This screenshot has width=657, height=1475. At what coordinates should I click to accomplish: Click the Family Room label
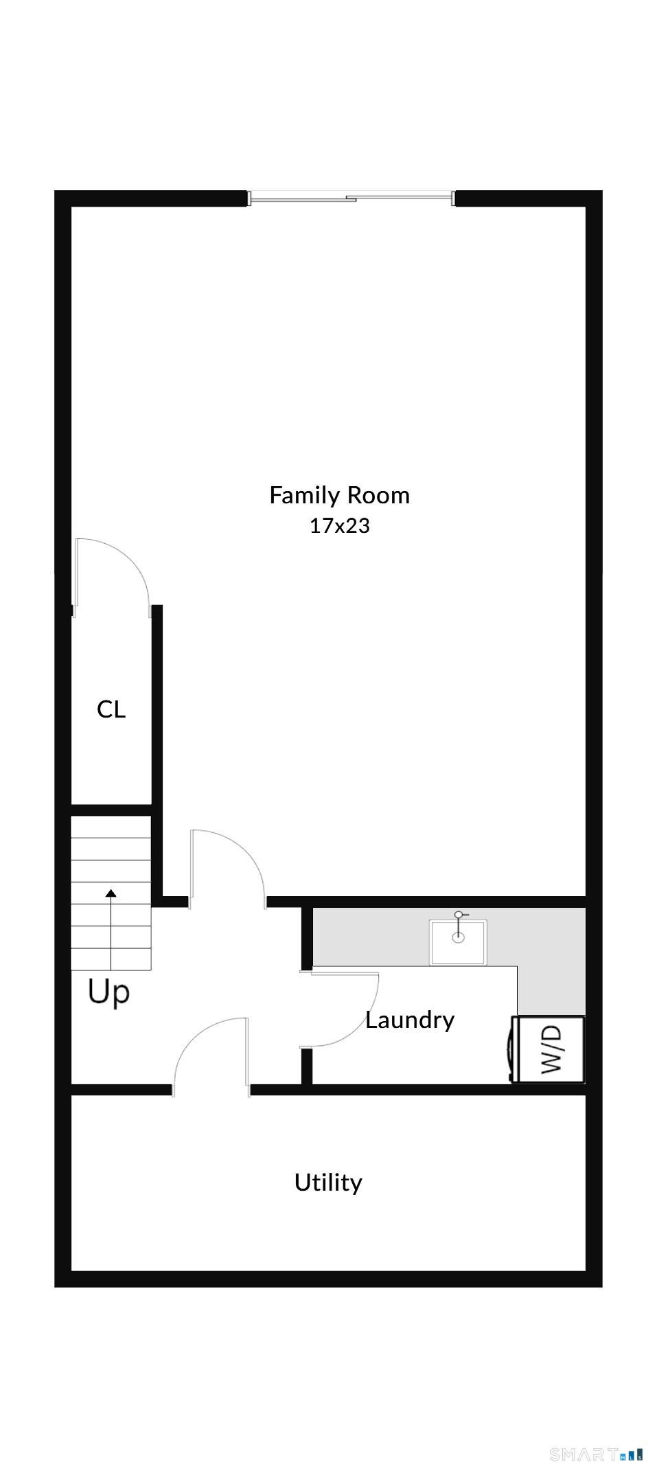click(339, 496)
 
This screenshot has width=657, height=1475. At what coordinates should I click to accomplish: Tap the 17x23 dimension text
click(339, 526)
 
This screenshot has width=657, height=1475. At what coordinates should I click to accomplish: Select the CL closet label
click(111, 709)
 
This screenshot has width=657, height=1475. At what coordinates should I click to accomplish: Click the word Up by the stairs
click(108, 992)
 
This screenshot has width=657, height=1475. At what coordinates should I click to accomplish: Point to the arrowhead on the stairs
click(111, 893)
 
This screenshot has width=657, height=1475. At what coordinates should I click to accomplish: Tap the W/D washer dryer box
click(551, 1049)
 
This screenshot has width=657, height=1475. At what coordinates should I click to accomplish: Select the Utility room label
click(328, 1182)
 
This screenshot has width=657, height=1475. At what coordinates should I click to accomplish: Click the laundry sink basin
click(458, 942)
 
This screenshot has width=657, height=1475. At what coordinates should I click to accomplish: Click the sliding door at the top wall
click(350, 198)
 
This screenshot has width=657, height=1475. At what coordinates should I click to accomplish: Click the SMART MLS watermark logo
click(596, 1454)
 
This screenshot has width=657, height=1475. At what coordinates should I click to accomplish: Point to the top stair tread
click(111, 827)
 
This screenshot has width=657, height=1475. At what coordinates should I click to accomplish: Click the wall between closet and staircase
click(111, 810)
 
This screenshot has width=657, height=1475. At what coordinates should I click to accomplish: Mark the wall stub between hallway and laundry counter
click(307, 938)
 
